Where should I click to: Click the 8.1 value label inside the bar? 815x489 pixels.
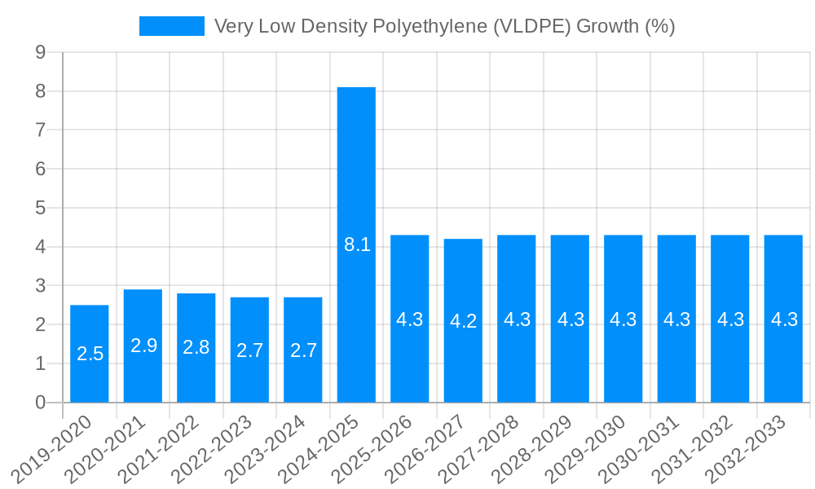pos(357,244)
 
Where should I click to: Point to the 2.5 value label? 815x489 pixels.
pos(90,354)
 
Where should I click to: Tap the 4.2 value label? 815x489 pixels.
pos(463,321)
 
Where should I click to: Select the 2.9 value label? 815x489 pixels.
pos(143,346)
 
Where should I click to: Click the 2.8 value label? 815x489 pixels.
pos(196,347)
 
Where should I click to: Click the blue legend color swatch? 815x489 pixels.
pos(171,26)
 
